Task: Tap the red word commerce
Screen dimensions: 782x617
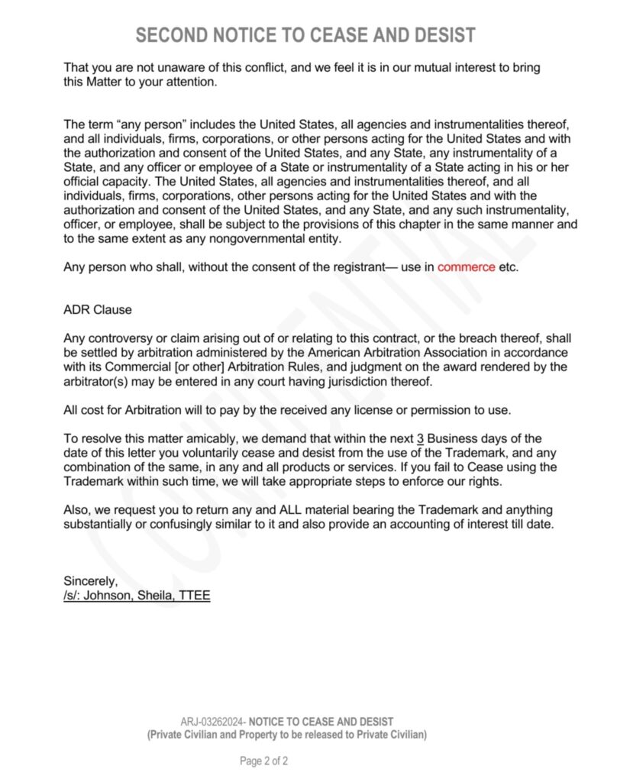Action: point(466,268)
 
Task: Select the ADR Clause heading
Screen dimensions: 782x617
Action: point(98,310)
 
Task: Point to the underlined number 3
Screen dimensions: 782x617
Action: point(420,438)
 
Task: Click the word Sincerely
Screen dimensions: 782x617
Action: point(91,582)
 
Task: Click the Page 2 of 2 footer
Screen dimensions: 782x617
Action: point(263,761)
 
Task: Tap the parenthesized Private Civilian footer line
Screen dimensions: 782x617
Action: point(286,735)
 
